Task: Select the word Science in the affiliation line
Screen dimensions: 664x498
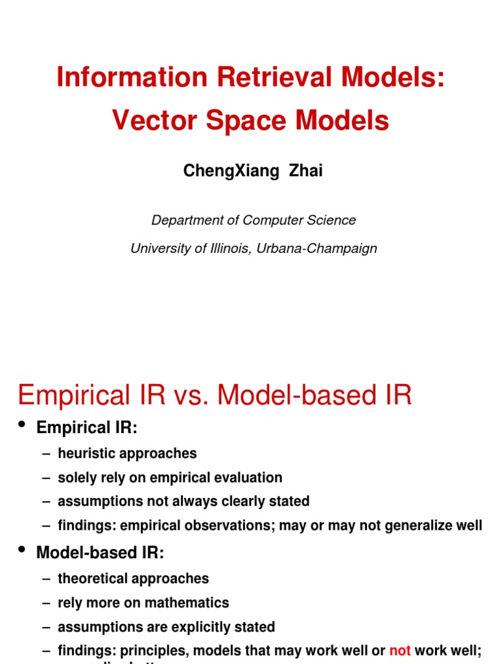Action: click(x=331, y=220)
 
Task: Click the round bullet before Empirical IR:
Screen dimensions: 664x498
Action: click(x=23, y=425)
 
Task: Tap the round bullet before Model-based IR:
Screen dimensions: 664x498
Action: click(x=23, y=551)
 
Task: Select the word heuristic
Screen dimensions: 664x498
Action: click(x=85, y=453)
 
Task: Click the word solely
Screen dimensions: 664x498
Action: click(x=77, y=478)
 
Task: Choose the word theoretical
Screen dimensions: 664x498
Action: click(x=94, y=578)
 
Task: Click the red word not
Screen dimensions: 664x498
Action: click(x=400, y=650)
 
